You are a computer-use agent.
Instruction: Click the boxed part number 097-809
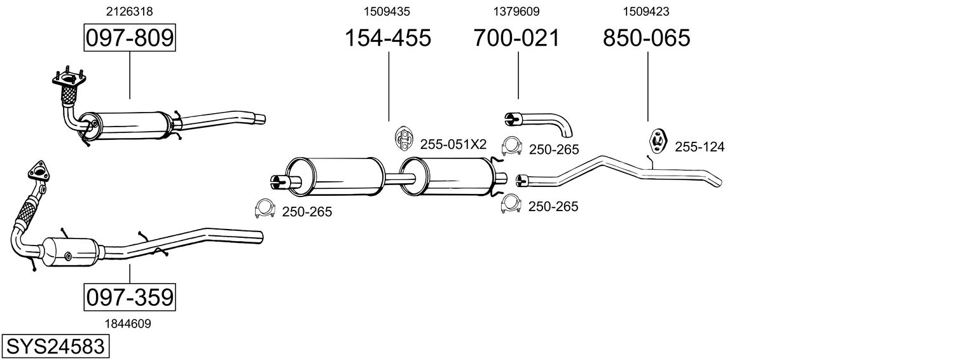130,38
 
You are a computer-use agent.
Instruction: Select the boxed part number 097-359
130,297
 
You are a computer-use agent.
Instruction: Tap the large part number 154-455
388,38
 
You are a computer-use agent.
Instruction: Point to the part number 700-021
516,38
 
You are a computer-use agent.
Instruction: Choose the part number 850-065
646,38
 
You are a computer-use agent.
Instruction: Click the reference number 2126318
130,11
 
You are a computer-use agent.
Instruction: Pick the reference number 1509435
387,11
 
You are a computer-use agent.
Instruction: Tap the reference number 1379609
516,11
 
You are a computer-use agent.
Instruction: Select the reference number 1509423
646,11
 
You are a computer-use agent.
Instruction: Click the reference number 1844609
128,324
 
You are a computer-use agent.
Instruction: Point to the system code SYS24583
55,347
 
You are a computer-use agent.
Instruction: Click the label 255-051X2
453,144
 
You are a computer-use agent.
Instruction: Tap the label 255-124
700,147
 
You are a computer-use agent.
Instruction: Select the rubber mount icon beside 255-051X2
404,139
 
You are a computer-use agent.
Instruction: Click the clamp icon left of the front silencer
265,209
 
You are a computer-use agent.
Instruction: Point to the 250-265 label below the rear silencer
553,206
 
